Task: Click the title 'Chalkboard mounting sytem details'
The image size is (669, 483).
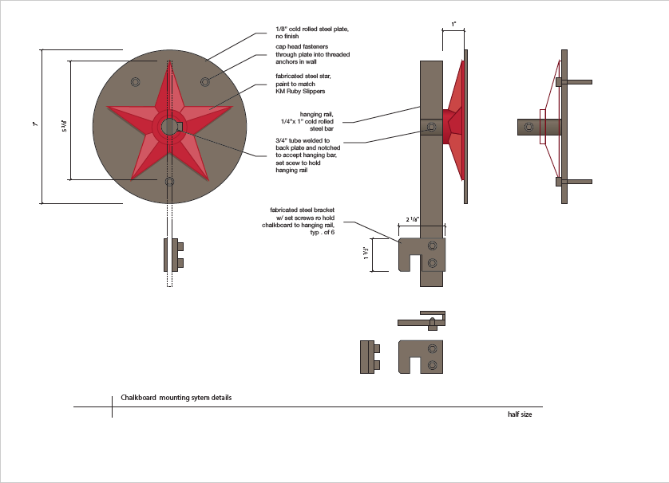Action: click(176, 397)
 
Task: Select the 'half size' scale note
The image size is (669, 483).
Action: click(519, 414)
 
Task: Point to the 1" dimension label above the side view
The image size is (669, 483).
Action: click(453, 26)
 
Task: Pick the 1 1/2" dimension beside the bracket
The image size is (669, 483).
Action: click(368, 253)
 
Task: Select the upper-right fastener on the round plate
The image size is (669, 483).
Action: click(205, 80)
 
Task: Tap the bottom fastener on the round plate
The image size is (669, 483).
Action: click(169, 182)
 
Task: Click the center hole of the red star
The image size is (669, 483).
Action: click(169, 126)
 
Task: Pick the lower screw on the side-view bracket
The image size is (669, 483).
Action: click(433, 262)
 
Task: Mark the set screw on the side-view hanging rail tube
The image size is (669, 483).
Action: click(432, 127)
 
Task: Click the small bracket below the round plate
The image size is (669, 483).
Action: click(173, 253)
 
